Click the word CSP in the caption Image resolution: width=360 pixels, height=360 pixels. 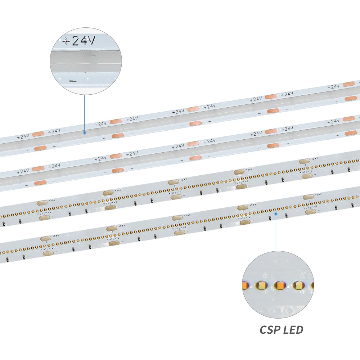point(271,329)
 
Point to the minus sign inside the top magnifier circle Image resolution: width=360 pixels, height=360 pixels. point(73,81)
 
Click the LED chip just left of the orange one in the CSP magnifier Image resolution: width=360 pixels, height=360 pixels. point(260,285)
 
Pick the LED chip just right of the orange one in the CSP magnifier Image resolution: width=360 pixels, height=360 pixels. point(297,285)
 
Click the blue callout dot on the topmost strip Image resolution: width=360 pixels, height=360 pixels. point(85,132)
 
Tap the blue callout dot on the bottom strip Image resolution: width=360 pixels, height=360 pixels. point(276,213)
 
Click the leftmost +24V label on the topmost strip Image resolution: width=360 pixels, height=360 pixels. point(22,137)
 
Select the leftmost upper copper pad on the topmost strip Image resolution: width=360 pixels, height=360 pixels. point(38,134)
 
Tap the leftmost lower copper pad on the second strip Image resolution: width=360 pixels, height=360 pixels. point(40,183)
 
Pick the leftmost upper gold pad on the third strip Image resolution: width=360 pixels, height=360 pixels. point(42,203)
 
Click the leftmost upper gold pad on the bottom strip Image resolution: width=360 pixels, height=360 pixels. point(46,238)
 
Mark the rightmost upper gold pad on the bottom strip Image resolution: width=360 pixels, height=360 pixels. point(308,197)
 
